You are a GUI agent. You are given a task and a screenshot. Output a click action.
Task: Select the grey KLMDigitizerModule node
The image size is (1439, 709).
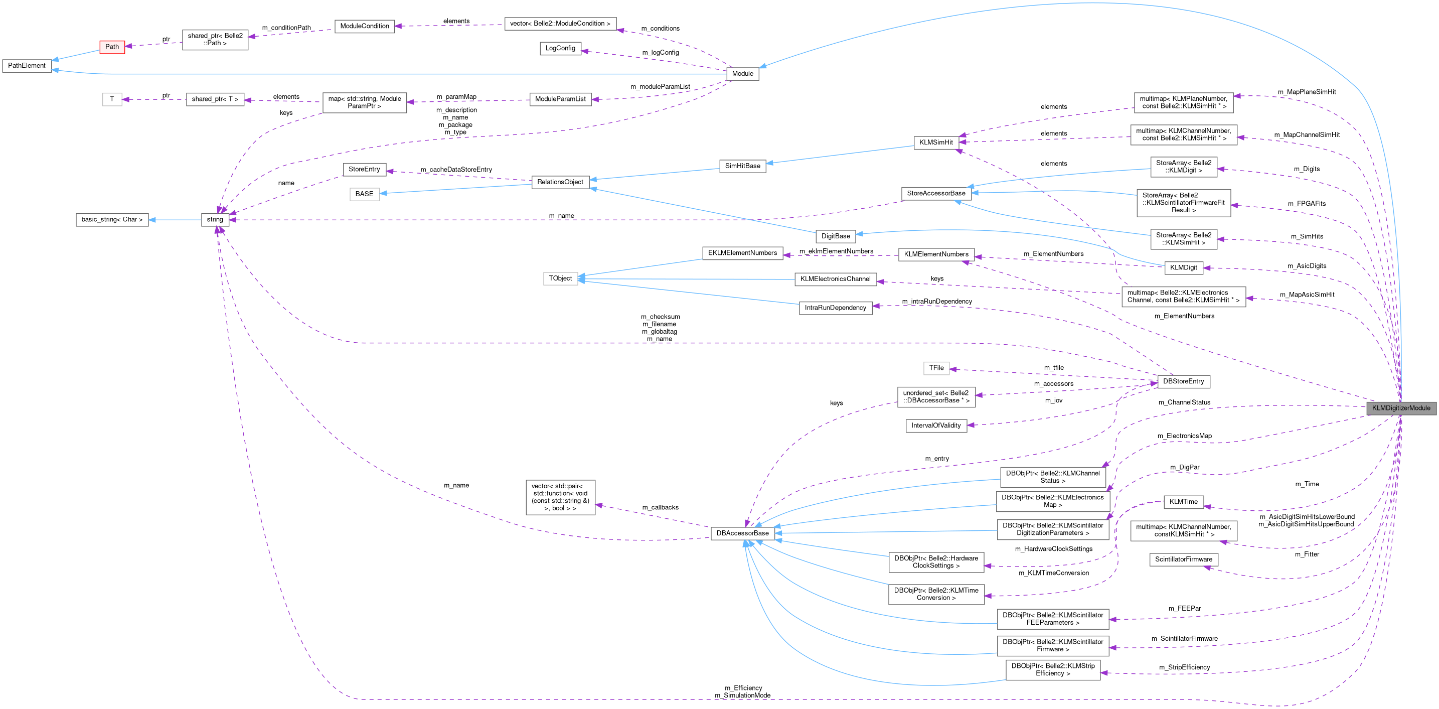[1400, 408]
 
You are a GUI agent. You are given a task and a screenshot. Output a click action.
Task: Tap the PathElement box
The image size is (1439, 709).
[26, 66]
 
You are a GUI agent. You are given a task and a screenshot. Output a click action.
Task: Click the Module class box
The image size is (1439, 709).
[742, 74]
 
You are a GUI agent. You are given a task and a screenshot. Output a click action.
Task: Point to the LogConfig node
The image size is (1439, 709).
[560, 49]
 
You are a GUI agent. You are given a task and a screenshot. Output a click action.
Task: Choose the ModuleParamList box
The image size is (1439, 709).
[560, 99]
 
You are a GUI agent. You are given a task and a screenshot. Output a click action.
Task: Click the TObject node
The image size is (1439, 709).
[560, 278]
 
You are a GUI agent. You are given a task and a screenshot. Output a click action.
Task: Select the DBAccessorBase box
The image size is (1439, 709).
[742, 533]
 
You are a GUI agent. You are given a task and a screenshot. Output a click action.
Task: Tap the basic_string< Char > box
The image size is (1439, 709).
[112, 220]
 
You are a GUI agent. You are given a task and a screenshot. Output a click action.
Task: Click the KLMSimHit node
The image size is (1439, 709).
[936, 143]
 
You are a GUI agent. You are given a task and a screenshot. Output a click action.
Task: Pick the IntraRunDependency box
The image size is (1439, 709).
[835, 308]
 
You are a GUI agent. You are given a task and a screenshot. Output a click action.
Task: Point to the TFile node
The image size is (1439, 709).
[936, 368]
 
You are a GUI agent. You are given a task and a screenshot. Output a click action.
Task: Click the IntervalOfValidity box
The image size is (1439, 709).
[936, 426]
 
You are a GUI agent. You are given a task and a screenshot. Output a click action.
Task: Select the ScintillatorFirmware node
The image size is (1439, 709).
[1183, 559]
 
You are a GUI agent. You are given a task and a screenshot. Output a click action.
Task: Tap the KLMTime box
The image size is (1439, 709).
[1183, 502]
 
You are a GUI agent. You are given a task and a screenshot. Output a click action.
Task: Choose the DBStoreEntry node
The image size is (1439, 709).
[1183, 382]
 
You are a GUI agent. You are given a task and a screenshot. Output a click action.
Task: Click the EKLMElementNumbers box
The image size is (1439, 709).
[742, 253]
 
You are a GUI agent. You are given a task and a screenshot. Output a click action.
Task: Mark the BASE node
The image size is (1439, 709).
[364, 194]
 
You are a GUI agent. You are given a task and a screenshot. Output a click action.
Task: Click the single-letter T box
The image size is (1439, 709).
[112, 99]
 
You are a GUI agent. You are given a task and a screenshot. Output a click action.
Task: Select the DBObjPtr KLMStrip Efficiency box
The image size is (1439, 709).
[1052, 670]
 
